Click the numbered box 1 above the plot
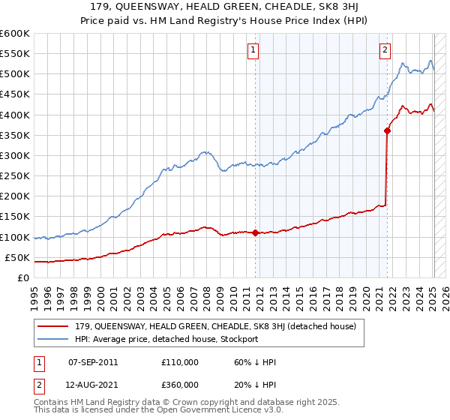[253, 50]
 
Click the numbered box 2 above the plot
[385, 50]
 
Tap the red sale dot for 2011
[256, 232]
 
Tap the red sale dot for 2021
[388, 130]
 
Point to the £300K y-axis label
[15, 155]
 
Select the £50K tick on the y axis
[17, 257]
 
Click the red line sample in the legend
[52, 326]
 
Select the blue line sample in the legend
[52, 339]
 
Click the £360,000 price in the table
[180, 385]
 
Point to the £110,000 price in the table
[180, 362]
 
